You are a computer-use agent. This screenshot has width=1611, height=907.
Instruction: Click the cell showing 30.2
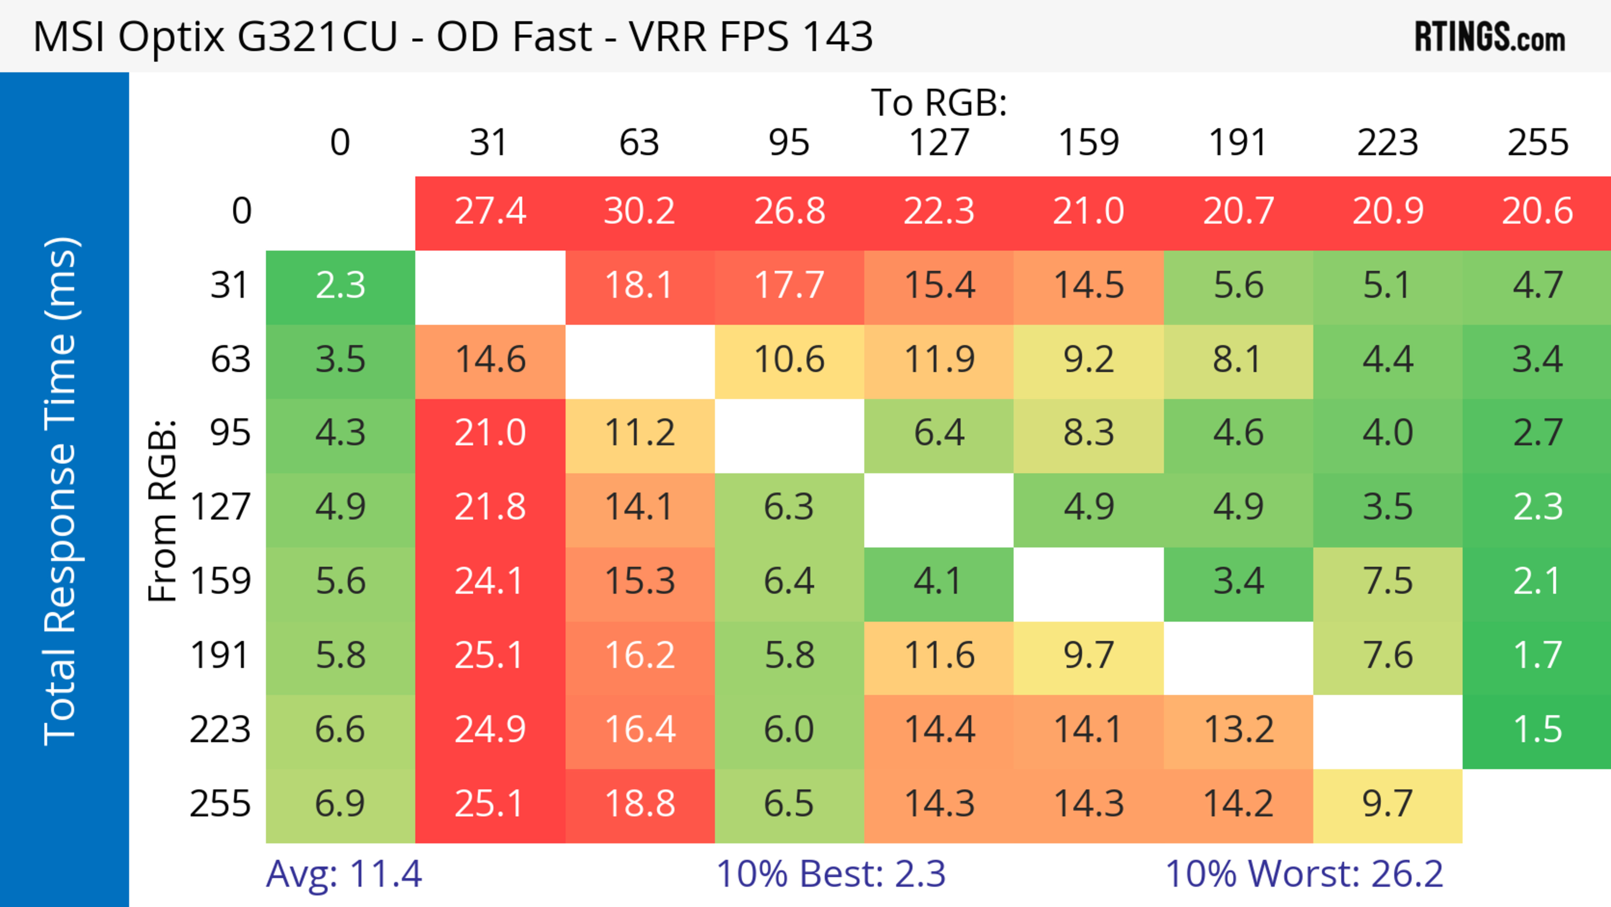click(x=639, y=212)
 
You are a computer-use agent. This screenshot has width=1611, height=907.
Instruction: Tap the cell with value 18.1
click(x=639, y=286)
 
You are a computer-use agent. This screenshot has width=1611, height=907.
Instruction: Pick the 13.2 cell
click(x=1238, y=730)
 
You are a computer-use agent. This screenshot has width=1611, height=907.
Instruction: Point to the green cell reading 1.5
click(x=1537, y=730)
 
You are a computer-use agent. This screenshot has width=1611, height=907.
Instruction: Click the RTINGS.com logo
click(x=1490, y=37)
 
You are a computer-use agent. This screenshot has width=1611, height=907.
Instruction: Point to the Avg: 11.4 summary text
click(x=344, y=874)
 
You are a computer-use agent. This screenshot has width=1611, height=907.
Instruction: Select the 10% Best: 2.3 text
click(x=831, y=874)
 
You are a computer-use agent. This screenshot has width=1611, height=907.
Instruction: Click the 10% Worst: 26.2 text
click(x=1304, y=874)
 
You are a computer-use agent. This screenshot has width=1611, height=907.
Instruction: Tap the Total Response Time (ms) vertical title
click(x=61, y=491)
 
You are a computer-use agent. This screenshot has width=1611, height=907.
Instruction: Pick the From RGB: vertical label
click(x=163, y=510)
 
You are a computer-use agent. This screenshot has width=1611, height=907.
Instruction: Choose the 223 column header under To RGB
click(x=1388, y=143)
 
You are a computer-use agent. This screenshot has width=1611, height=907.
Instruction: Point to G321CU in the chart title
click(x=318, y=36)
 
